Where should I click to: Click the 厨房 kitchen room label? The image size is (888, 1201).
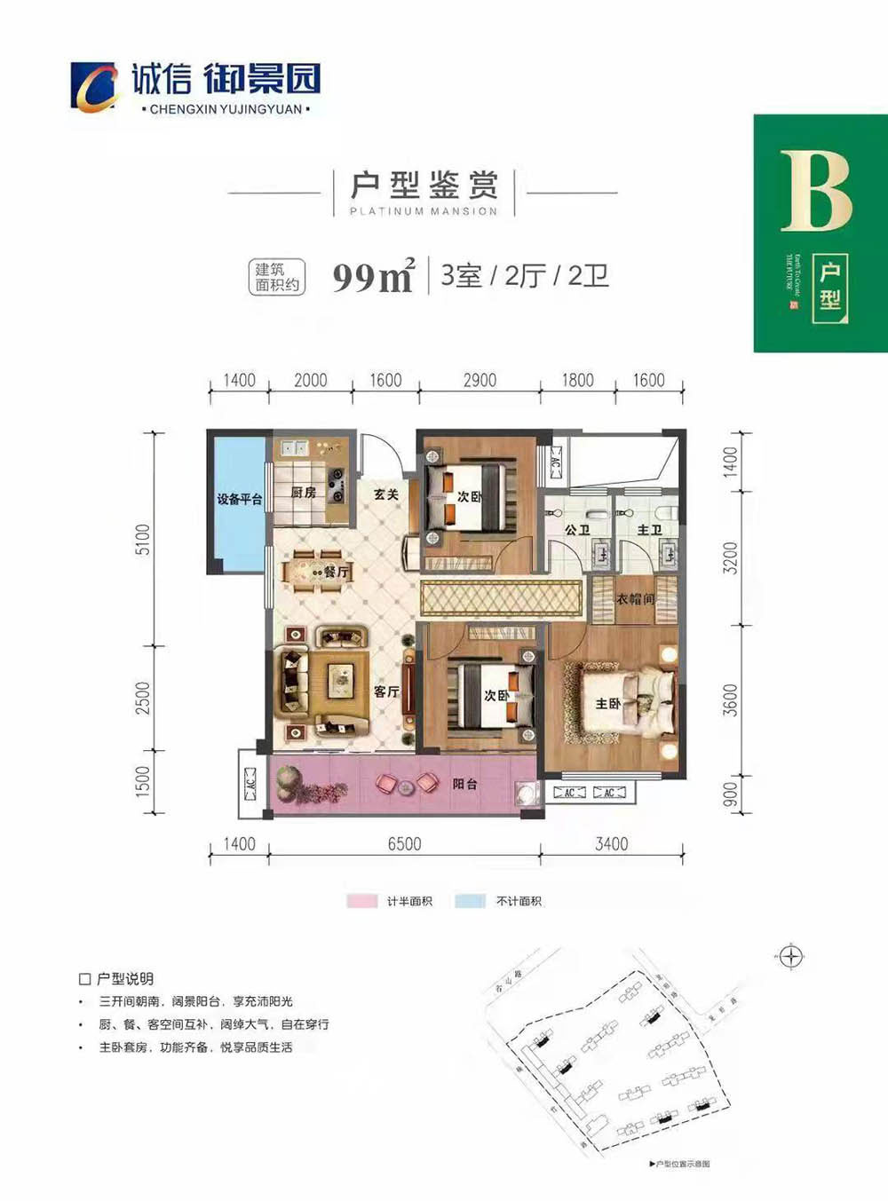[x=304, y=492]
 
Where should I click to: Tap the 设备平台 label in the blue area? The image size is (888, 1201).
[x=240, y=499]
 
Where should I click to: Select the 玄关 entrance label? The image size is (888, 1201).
[x=386, y=494]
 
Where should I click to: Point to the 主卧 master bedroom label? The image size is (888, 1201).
[x=607, y=703]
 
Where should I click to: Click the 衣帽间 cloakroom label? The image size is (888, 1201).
[x=635, y=599]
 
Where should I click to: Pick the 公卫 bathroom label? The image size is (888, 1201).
[x=577, y=530]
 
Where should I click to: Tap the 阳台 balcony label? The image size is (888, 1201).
[x=464, y=784]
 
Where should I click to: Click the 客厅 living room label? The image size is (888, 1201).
[x=386, y=691]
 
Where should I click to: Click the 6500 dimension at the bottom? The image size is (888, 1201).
[x=404, y=843]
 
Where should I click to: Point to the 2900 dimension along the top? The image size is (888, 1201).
[x=480, y=380]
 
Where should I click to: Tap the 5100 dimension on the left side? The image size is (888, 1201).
[x=143, y=539]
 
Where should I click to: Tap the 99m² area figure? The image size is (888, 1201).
[x=373, y=277]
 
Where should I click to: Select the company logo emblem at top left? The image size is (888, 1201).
[x=94, y=87]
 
